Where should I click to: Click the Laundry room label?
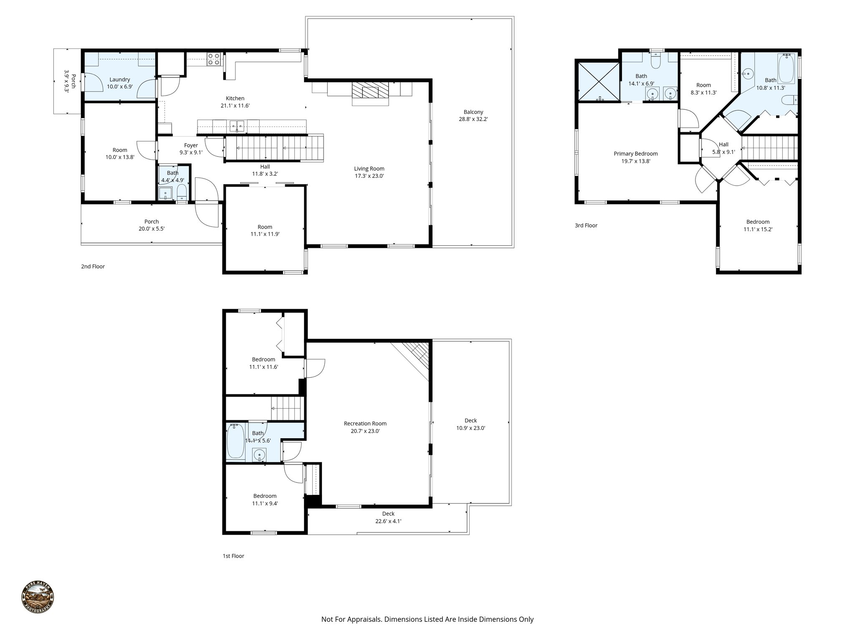coord(120,80)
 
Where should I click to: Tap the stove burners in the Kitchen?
coord(214,59)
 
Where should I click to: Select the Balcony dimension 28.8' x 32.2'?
coord(473,119)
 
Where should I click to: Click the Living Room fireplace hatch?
coord(370,89)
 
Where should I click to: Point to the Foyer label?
coord(191,145)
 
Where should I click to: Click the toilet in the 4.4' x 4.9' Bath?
coord(182,193)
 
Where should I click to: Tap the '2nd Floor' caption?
coord(93,266)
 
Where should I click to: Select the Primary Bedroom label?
coord(635,154)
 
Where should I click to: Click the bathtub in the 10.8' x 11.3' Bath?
coord(787,69)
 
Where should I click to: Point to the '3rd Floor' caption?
coord(586,225)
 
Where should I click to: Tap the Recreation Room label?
coord(365,424)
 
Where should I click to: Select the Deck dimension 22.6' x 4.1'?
coord(388,521)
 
